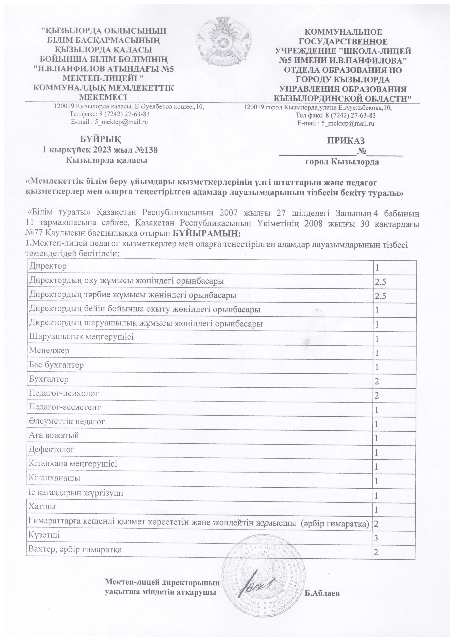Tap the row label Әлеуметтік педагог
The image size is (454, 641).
pos(67,421)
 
